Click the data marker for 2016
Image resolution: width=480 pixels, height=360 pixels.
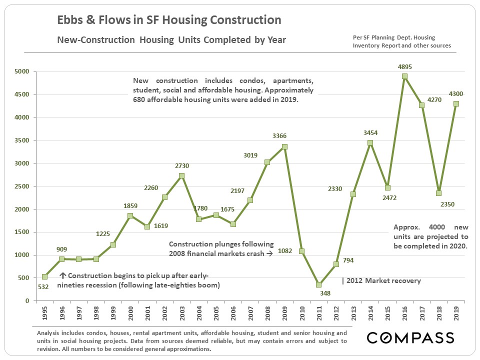pos(404,76)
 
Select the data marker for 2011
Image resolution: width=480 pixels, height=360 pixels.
pos(319,284)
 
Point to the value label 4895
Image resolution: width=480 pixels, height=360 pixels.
pos(405,66)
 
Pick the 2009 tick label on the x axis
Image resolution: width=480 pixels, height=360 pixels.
pos(285,313)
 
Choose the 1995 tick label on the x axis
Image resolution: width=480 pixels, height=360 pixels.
pos(45,313)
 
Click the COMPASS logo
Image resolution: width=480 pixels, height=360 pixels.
pos(410,337)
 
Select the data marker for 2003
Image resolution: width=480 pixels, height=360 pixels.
pos(181,175)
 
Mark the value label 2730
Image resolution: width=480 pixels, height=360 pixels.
pos(182,165)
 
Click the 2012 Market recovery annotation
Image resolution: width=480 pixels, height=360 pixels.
pos(381,280)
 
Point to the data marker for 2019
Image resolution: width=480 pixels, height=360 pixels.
pos(456,104)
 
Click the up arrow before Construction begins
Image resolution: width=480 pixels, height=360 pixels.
pos(63,275)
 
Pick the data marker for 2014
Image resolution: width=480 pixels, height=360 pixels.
pos(370,142)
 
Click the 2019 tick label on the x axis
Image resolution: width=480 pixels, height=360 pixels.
pos(456,313)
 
